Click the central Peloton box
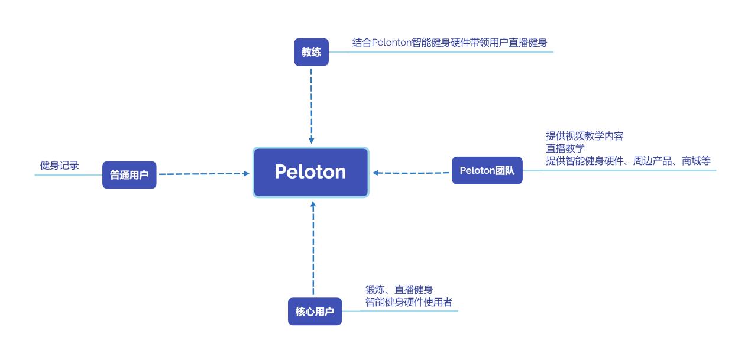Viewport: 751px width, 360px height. pos(310,172)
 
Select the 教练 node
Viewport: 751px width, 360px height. pos(311,52)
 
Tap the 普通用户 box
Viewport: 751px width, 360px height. pos(129,175)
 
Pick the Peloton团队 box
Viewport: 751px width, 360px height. pos(487,171)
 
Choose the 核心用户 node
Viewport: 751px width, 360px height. pos(314,312)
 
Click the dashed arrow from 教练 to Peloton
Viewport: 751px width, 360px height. pos(311,103)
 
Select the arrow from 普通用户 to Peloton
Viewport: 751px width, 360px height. pos(204,174)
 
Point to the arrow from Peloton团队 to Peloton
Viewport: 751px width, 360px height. pos(411,173)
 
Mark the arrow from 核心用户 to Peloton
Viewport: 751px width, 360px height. pos(313,248)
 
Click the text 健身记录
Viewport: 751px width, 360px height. pos(59,166)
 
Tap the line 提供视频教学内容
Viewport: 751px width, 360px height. pos(584,136)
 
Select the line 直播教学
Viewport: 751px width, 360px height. pos(565,148)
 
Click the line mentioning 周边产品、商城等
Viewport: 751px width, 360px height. pos(627,161)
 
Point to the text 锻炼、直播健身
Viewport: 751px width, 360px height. pos(399,290)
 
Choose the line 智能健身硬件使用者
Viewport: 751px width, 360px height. pos(409,302)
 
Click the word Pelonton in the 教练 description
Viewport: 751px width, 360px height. pos(391,43)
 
